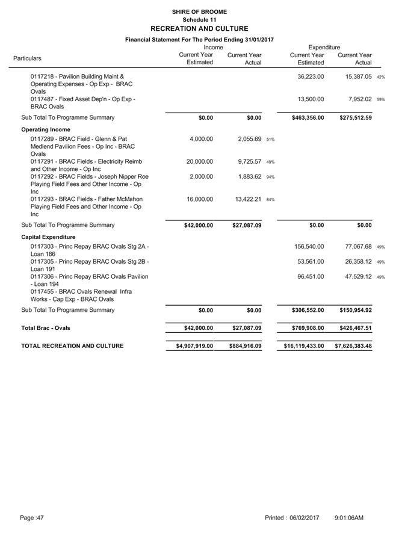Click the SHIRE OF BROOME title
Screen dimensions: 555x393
(x=199, y=11)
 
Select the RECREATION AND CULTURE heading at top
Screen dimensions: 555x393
(x=199, y=28)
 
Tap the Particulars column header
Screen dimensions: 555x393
(x=28, y=58)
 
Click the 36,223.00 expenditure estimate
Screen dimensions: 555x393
(x=311, y=77)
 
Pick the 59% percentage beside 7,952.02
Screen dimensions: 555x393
(x=380, y=99)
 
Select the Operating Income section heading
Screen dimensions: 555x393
(x=46, y=129)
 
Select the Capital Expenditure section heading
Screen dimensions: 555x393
(x=48, y=237)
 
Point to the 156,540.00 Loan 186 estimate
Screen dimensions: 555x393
(x=309, y=247)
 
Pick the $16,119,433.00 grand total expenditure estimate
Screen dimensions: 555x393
(x=304, y=346)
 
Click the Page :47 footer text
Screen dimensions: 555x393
(x=32, y=518)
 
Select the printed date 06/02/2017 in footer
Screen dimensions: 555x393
(x=304, y=518)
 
